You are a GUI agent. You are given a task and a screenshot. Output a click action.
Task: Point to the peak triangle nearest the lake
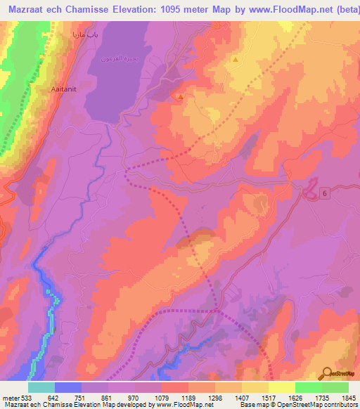(181, 97)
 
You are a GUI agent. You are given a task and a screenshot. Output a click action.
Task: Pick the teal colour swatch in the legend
(41, 387)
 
